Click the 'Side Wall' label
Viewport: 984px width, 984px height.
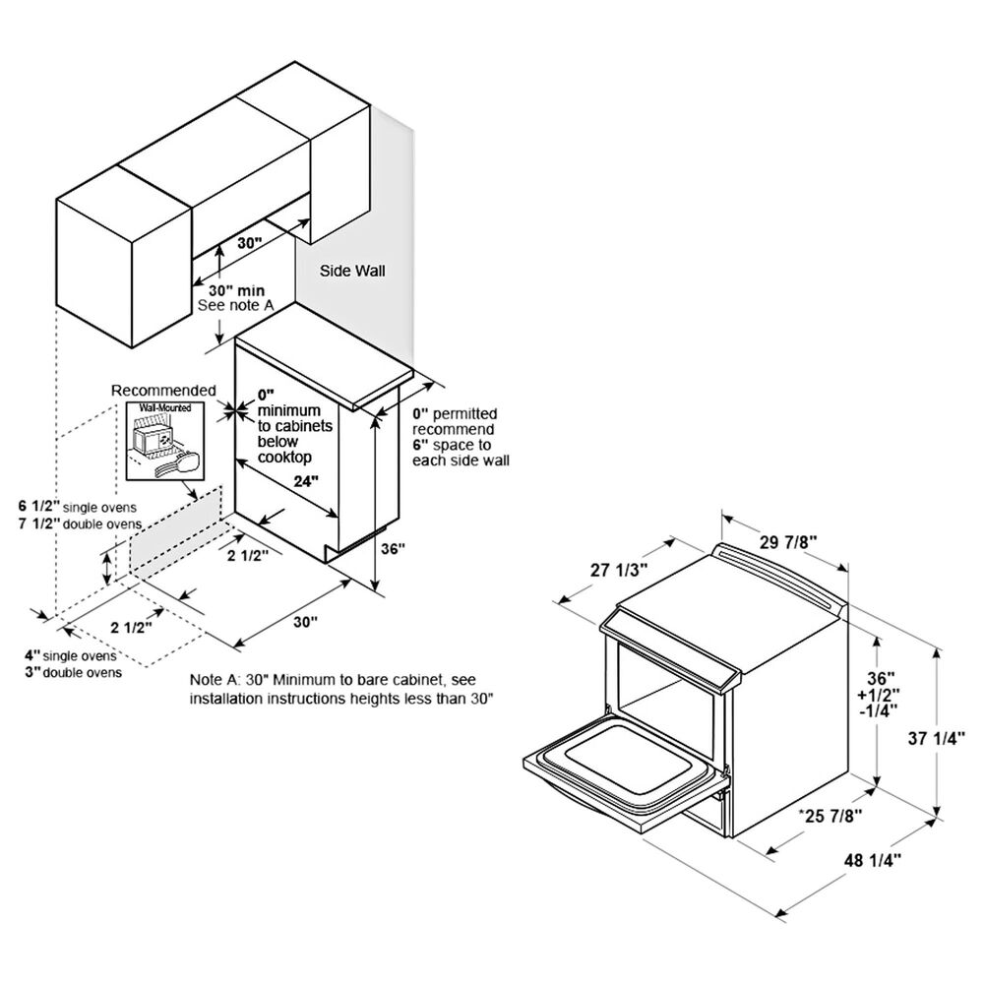[352, 272]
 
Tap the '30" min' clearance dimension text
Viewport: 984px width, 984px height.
[236, 290]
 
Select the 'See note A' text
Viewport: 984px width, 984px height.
[236, 306]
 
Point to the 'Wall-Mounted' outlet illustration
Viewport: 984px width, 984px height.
[165, 441]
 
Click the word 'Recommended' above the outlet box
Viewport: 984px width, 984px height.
[163, 391]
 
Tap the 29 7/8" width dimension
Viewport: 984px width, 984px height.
[787, 541]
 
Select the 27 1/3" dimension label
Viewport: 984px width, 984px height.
[619, 571]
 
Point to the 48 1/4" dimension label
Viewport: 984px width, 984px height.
[872, 860]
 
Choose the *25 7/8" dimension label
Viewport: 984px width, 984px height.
[830, 815]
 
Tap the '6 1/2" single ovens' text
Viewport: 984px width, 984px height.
[77, 507]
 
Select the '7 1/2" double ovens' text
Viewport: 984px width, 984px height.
[80, 523]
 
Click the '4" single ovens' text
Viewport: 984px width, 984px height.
[71, 655]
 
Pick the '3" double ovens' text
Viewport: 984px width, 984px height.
[74, 672]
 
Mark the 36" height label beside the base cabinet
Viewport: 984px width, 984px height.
[394, 548]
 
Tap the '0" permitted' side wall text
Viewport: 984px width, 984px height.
[455, 413]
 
